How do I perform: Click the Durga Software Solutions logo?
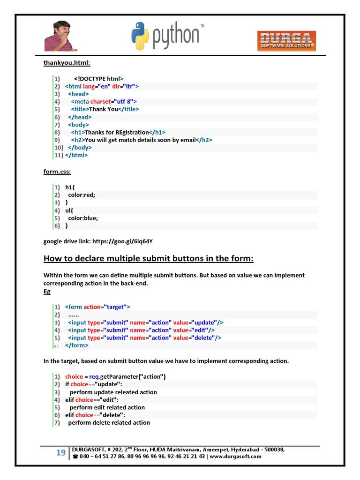[286, 41]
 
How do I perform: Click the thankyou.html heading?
[64, 63]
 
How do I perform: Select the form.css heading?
[57, 172]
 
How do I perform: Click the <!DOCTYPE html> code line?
[98, 79]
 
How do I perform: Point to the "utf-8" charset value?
[124, 101]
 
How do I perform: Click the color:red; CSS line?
[82, 195]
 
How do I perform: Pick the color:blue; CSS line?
[83, 218]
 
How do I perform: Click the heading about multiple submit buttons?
[148, 259]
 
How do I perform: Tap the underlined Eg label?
[47, 291]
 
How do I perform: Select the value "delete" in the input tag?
[203, 337]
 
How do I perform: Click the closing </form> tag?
[76, 345]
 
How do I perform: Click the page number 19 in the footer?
[60, 453]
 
